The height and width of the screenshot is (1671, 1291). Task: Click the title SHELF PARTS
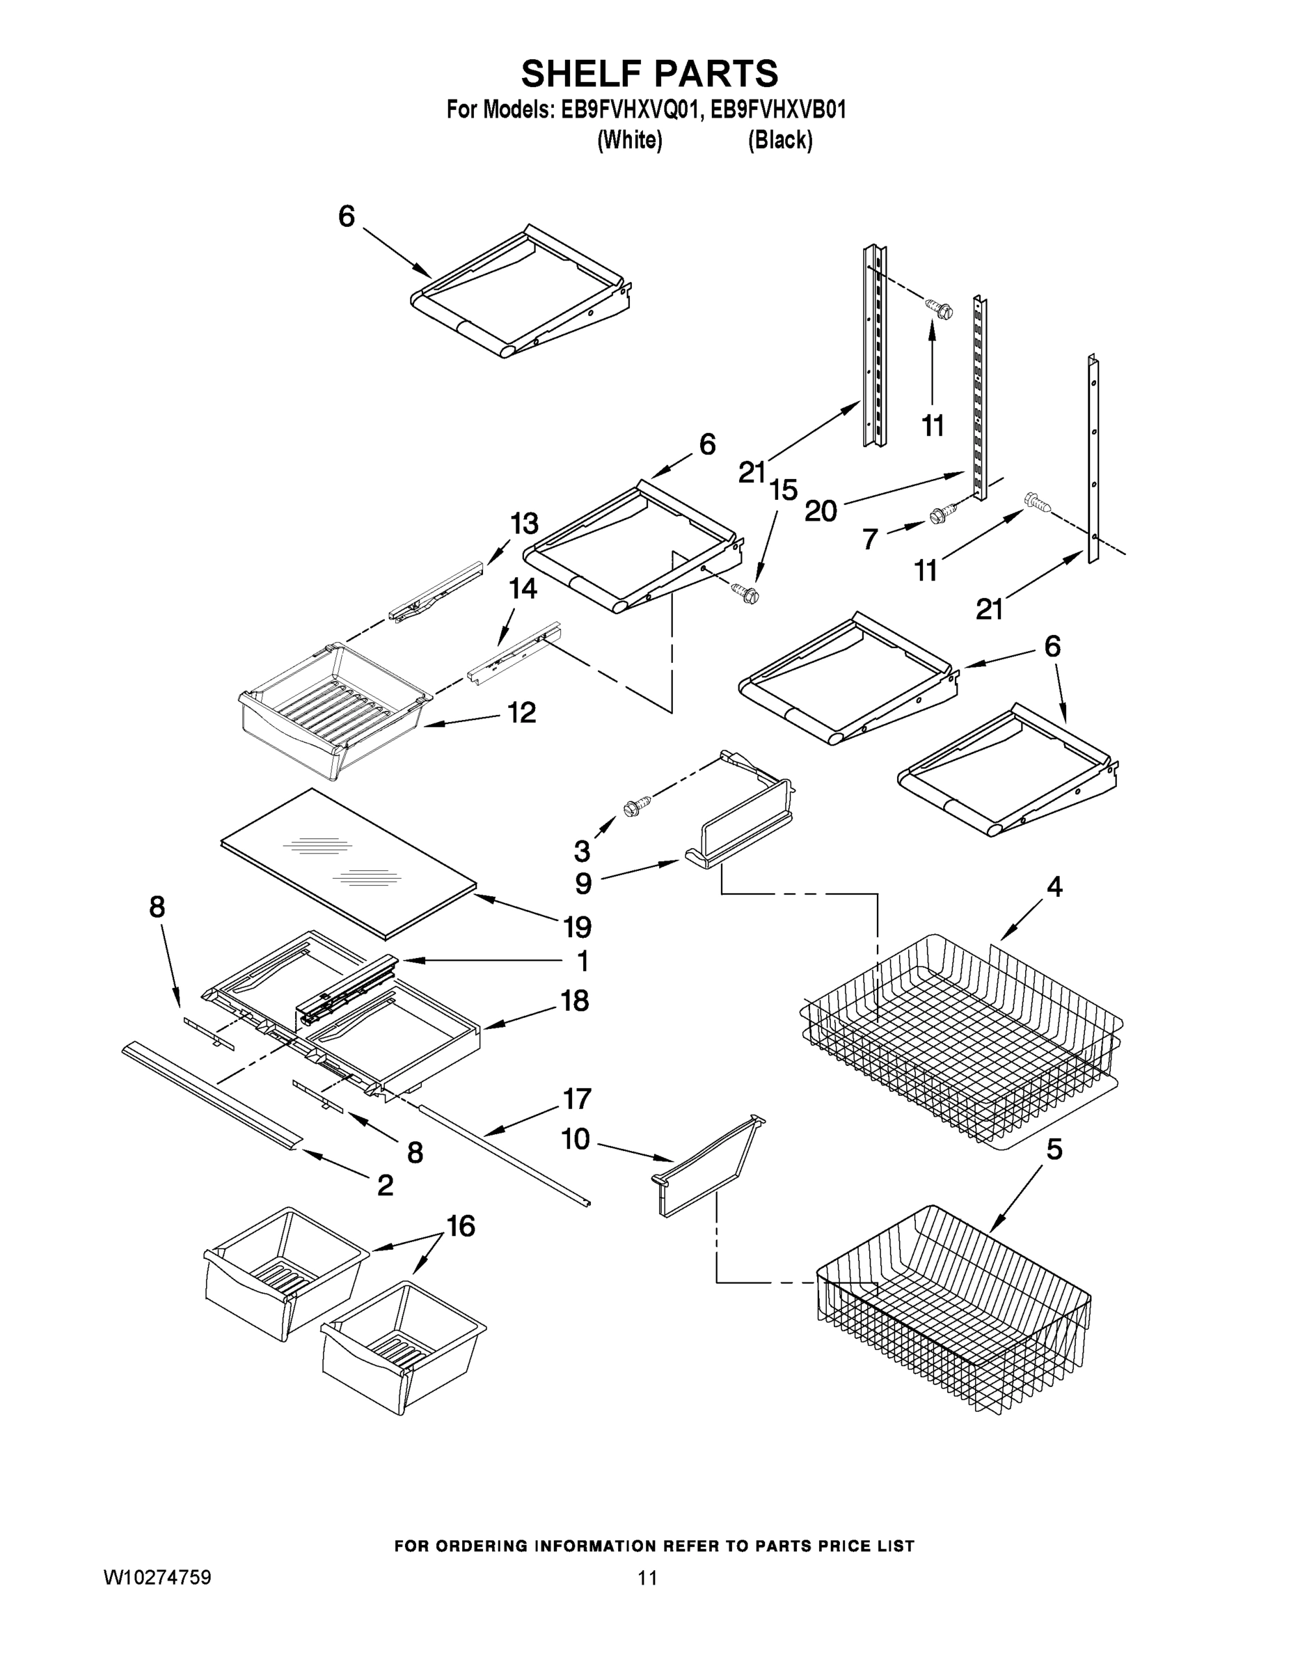pyautogui.click(x=649, y=74)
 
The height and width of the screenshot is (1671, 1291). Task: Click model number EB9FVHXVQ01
pyautogui.click(x=631, y=110)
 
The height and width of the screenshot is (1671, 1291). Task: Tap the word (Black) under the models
pyautogui.click(x=779, y=140)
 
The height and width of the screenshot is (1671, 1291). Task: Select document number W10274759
pyautogui.click(x=157, y=1578)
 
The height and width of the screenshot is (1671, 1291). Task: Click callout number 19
pyautogui.click(x=578, y=927)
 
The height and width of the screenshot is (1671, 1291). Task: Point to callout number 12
pyautogui.click(x=523, y=713)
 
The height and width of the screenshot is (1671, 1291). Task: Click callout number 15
pyautogui.click(x=784, y=489)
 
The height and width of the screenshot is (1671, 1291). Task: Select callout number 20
pyautogui.click(x=821, y=510)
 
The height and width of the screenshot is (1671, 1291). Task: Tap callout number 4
pyautogui.click(x=1054, y=887)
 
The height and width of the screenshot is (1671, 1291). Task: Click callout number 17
pyautogui.click(x=578, y=1099)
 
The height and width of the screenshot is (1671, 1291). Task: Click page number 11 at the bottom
pyautogui.click(x=648, y=1578)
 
